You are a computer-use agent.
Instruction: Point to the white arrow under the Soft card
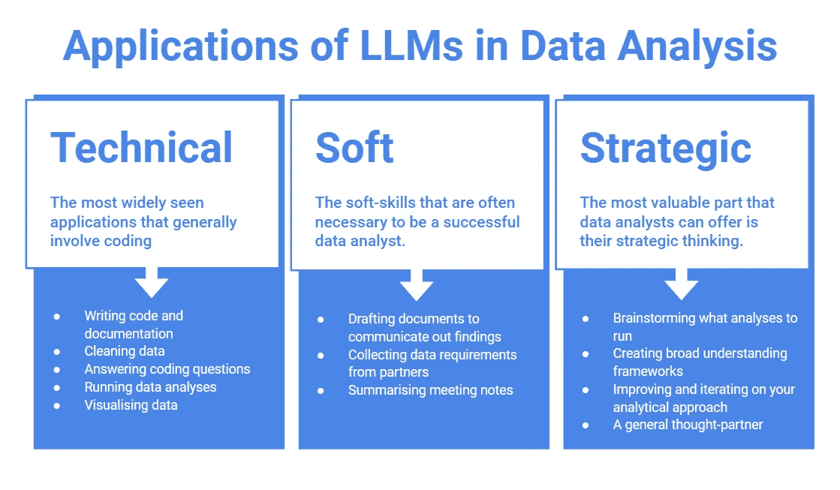tap(417, 285)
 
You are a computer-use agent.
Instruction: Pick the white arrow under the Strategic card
tap(681, 285)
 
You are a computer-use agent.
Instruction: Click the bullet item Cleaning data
tap(125, 351)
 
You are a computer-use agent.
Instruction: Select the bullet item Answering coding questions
tap(167, 369)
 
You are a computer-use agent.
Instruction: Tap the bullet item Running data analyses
tap(150, 387)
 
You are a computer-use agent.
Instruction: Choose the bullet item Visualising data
tap(131, 405)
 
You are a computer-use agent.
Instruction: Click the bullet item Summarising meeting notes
tap(430, 389)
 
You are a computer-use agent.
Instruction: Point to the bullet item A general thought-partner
tap(688, 425)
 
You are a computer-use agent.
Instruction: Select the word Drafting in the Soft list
tap(371, 319)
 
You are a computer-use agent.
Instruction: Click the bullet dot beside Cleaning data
tap(57, 351)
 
